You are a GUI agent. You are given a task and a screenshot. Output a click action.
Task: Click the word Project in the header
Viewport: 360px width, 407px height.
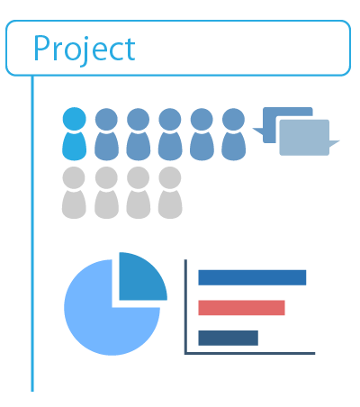tap(85, 49)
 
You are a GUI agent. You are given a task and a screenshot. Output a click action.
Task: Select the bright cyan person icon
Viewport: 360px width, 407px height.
tap(75, 133)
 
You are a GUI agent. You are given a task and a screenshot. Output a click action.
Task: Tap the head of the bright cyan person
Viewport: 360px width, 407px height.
tap(75, 119)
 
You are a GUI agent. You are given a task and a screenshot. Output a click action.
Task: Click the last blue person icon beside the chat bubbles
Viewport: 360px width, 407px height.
tap(233, 134)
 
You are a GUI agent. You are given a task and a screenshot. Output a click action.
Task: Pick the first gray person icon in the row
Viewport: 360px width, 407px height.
tap(74, 193)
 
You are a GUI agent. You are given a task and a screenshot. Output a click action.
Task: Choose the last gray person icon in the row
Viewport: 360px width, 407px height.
tap(170, 193)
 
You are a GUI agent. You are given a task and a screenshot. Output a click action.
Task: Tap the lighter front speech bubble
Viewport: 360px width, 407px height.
tap(304, 138)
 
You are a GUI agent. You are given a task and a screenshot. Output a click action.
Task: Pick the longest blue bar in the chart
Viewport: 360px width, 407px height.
tap(252, 277)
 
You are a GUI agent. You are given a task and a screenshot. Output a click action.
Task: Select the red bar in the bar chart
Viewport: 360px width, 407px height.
tap(241, 308)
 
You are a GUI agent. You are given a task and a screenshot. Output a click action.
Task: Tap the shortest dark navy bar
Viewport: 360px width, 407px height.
tap(229, 338)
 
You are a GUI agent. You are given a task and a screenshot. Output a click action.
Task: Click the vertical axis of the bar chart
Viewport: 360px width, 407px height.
tap(185, 307)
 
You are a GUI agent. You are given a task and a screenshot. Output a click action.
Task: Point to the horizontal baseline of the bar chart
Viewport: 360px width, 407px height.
tap(250, 353)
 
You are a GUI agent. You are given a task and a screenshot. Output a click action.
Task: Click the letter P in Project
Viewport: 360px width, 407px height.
tap(41, 48)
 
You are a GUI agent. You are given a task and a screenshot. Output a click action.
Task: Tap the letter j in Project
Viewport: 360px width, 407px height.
tap(85, 51)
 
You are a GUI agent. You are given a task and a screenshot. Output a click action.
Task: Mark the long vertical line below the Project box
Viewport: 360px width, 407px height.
tap(32, 234)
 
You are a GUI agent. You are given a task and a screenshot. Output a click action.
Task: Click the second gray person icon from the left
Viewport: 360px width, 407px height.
tap(106, 193)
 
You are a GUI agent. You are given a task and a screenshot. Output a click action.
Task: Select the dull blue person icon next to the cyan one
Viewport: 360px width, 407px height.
tap(106, 134)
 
